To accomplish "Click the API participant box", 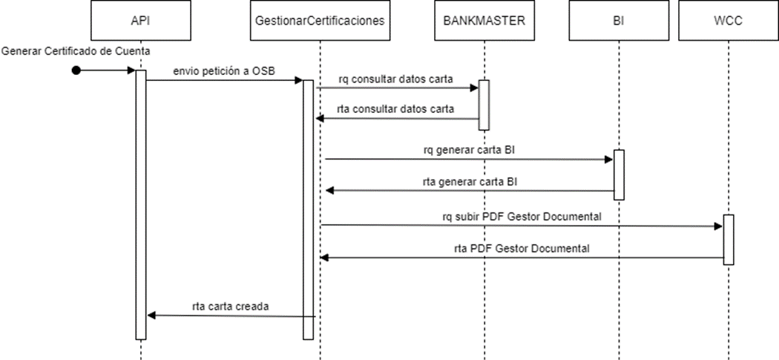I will (139, 21).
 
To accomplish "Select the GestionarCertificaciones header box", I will (319, 21).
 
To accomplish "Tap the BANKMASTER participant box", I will (483, 21).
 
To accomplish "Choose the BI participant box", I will (618, 21).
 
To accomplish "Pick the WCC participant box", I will (728, 21).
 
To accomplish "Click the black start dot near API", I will (75, 71).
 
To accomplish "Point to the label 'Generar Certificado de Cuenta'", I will (76, 51).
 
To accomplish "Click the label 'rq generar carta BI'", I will (470, 149).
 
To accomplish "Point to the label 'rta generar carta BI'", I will (470, 181).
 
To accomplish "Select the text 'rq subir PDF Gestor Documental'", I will (522, 216).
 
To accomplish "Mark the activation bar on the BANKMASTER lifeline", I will (483, 105).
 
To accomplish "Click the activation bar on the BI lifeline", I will (619, 175).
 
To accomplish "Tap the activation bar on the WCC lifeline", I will (728, 239).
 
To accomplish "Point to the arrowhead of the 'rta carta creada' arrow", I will (151, 315).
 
